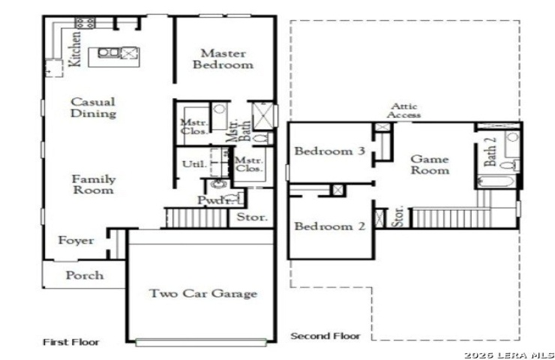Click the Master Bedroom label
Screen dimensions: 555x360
pyautogui.click(x=223, y=58)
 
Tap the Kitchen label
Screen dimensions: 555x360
pyautogui.click(x=75, y=49)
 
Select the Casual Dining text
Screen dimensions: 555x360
pyautogui.click(x=93, y=107)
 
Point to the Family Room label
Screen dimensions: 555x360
pyautogui.click(x=94, y=184)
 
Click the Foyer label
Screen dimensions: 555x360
pyautogui.click(x=76, y=240)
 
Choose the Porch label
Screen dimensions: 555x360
pyautogui.click(x=85, y=275)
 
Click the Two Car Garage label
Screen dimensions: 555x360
pyautogui.click(x=203, y=293)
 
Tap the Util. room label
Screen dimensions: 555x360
pyautogui.click(x=194, y=164)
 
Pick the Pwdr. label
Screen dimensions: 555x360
pyautogui.click(x=214, y=200)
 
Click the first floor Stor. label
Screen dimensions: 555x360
pyautogui.click(x=252, y=217)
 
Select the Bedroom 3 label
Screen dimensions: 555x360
pyautogui.click(x=329, y=151)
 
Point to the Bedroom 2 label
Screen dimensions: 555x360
pyautogui.click(x=329, y=226)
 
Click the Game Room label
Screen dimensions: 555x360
pyautogui.click(x=430, y=164)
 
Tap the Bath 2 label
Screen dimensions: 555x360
pyautogui.click(x=490, y=151)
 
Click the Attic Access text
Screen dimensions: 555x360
pyautogui.click(x=403, y=110)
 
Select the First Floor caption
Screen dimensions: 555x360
pyautogui.click(x=71, y=342)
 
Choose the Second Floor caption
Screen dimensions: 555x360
pyautogui.click(x=325, y=336)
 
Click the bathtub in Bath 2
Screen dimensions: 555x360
pyautogui.click(x=496, y=181)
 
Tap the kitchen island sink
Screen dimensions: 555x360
pyautogui.click(x=109, y=52)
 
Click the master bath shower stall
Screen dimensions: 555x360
pyautogui.click(x=263, y=115)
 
